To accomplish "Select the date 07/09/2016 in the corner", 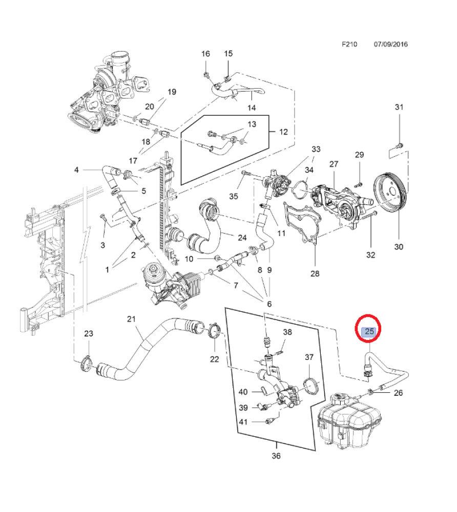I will (390, 45).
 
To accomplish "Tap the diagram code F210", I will (350, 45).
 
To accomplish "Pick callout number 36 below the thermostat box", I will (276, 456).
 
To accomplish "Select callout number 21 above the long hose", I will (132, 319).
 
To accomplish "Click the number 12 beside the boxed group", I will (283, 132).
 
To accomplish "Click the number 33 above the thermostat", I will (316, 149).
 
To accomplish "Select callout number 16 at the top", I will (205, 54).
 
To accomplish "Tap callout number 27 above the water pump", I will (334, 164).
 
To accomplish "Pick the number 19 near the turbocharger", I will (172, 92).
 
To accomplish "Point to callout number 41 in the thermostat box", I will (243, 422).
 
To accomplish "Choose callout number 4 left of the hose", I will (76, 169).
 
